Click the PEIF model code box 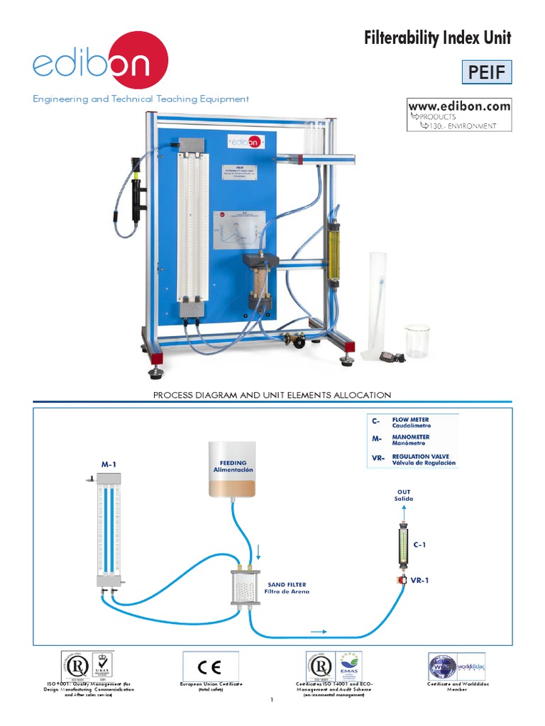486,72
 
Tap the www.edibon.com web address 458,106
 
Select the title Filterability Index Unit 437,38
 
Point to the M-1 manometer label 108,464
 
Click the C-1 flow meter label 419,544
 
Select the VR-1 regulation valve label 421,580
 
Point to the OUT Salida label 403,495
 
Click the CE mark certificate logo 211,666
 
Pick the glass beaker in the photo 417,340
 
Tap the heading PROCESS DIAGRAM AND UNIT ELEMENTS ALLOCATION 272,395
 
